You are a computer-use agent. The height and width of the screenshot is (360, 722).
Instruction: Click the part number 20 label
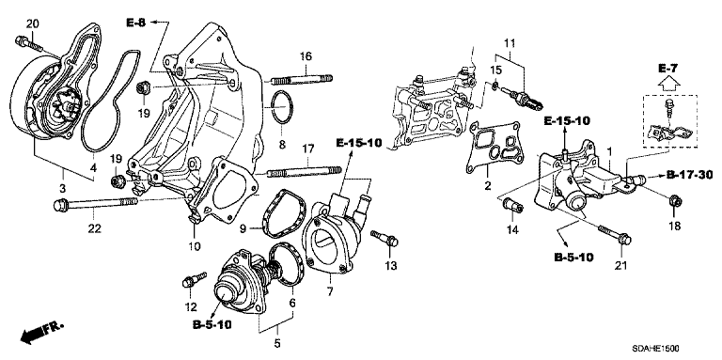pyautogui.click(x=32, y=23)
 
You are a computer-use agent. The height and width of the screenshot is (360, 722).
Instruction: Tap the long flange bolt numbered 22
pyautogui.click(x=95, y=204)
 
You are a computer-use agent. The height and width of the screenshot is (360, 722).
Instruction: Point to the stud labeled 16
pyautogui.click(x=302, y=80)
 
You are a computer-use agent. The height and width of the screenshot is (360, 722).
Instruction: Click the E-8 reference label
pyautogui.click(x=135, y=23)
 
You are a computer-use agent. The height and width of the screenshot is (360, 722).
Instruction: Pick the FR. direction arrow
pyautogui.click(x=42, y=332)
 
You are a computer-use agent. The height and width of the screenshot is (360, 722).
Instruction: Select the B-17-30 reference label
pyautogui.click(x=689, y=175)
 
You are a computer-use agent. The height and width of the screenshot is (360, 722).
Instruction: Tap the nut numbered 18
pyautogui.click(x=674, y=201)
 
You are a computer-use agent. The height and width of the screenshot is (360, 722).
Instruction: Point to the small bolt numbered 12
pyautogui.click(x=195, y=279)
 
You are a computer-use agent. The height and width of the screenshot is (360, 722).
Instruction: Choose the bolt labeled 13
pyautogui.click(x=384, y=238)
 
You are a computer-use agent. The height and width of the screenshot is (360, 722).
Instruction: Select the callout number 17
pyautogui.click(x=307, y=149)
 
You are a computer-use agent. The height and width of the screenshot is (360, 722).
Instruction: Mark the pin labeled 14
pyautogui.click(x=513, y=206)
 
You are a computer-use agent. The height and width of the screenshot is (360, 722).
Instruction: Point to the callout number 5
pyautogui.click(x=277, y=343)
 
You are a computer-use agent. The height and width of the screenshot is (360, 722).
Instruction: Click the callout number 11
pyautogui.click(x=509, y=44)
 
